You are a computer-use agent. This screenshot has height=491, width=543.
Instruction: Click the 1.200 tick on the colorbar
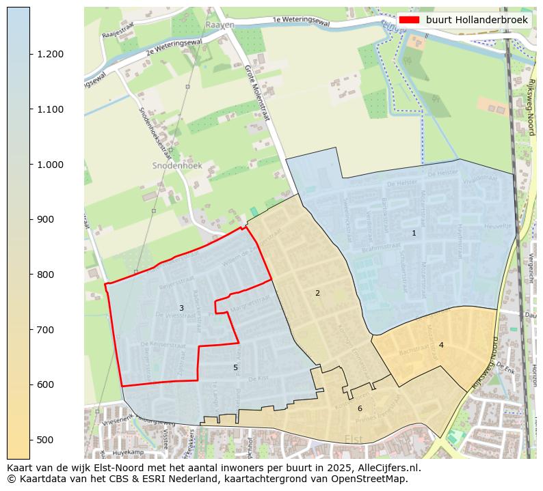(x=50, y=55)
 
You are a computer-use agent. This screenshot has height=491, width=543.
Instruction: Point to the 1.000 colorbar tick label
(x=50, y=165)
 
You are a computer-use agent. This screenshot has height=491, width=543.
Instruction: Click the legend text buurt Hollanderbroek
(x=477, y=20)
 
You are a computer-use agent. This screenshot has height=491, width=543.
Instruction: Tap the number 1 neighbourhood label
(x=414, y=233)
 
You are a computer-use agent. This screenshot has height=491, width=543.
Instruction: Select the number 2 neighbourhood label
(x=317, y=293)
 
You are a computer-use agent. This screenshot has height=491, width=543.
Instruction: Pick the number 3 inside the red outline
(x=181, y=308)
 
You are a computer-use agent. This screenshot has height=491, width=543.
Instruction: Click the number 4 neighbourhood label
(x=441, y=345)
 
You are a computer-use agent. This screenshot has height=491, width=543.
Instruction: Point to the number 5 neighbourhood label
(x=235, y=367)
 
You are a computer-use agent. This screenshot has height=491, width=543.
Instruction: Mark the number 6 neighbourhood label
(x=360, y=408)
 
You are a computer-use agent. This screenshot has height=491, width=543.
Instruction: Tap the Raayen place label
(x=220, y=25)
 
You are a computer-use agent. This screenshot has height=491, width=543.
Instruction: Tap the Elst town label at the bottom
(x=354, y=438)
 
